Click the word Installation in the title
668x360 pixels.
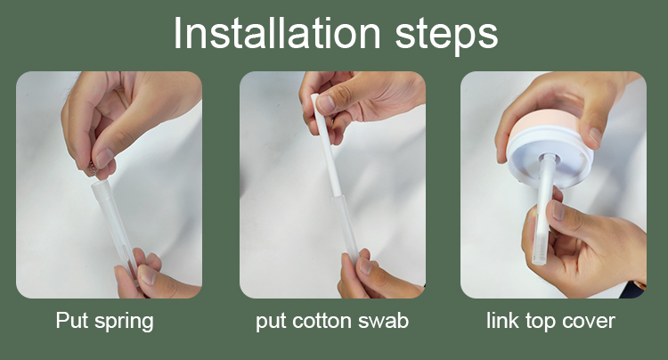(x=277, y=33)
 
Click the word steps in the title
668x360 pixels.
(x=446, y=35)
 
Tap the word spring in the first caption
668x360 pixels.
(x=124, y=322)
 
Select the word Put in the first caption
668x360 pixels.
(x=72, y=320)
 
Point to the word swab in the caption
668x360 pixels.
(x=383, y=321)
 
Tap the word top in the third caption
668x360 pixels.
(x=541, y=322)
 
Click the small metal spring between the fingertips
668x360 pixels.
(x=92, y=168)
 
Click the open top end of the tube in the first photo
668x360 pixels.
(x=101, y=184)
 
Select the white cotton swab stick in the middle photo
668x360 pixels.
(x=327, y=145)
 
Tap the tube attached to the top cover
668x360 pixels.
(x=543, y=209)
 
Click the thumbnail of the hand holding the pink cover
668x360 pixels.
(x=596, y=135)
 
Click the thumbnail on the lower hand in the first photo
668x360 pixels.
(x=147, y=274)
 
